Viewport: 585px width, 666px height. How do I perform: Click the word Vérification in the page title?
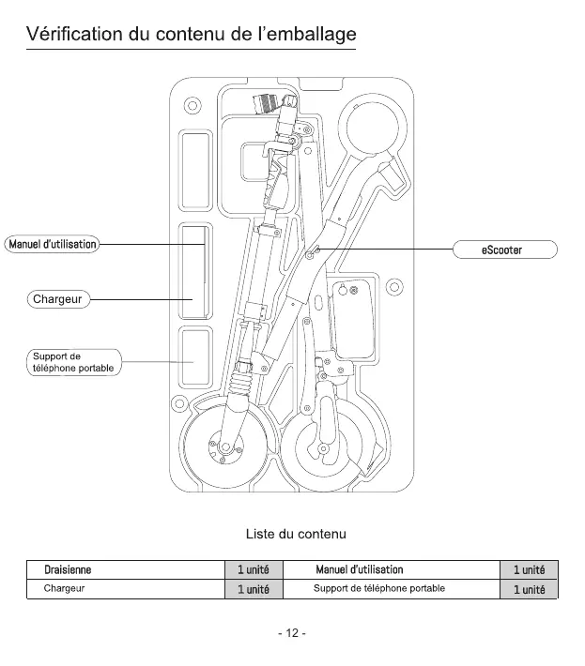pos(74,34)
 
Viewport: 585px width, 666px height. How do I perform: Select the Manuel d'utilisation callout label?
pos(53,244)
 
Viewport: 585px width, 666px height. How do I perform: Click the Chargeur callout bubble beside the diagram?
pos(58,299)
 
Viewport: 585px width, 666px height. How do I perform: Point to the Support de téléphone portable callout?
pos(73,362)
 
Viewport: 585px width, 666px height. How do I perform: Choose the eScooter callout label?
pos(504,250)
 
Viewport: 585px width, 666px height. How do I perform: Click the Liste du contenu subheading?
pos(296,534)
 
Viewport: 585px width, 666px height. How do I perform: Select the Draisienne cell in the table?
pos(68,569)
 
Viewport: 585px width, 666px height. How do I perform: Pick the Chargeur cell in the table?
pos(64,589)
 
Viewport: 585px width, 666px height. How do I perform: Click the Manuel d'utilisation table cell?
pos(360,569)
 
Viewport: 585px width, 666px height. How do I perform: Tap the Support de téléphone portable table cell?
pos(379,589)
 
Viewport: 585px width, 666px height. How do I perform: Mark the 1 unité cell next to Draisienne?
pos(254,569)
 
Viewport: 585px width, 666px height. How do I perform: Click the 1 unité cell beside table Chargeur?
pos(254,589)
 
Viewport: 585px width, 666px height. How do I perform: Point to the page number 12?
pos(292,633)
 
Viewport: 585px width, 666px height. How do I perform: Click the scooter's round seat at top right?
pos(373,126)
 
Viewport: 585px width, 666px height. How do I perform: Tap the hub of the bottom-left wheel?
pos(225,447)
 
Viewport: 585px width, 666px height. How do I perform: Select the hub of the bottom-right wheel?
pos(324,449)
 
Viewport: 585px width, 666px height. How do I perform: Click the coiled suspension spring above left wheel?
pos(239,382)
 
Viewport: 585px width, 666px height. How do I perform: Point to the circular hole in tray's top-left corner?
pos(192,105)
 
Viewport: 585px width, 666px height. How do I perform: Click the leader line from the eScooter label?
pos(386,250)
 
